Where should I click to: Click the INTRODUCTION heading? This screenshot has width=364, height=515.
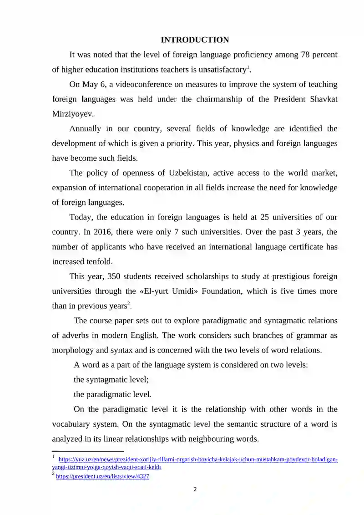pos(195,40)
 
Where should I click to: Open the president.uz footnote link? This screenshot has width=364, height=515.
pos(102,477)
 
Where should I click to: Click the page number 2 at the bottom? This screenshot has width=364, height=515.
pos(195,490)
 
